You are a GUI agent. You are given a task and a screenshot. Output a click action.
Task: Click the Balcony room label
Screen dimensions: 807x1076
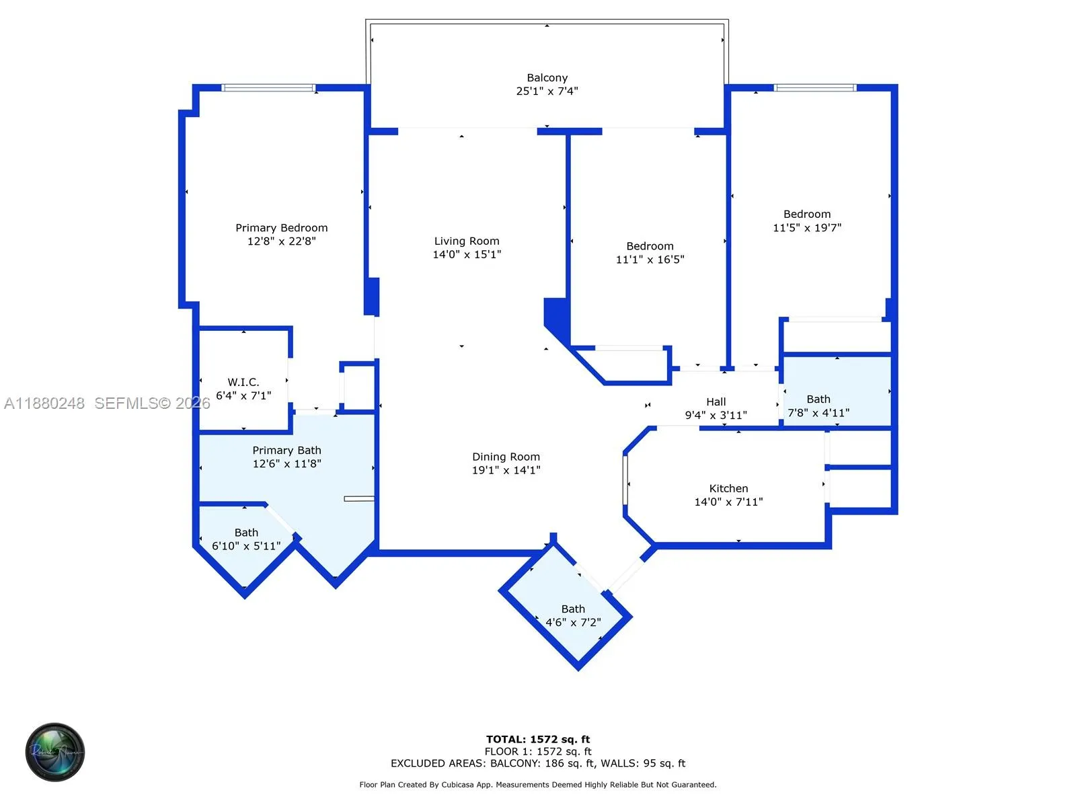pos(547,78)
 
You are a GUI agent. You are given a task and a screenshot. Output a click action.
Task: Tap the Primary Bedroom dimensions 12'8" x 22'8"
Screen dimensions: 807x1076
pos(281,241)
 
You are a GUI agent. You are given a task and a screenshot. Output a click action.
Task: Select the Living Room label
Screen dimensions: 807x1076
pos(467,241)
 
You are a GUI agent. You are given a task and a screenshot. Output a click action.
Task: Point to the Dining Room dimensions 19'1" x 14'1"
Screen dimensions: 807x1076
pos(506,470)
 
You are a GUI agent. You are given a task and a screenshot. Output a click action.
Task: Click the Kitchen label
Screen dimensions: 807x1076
pos(728,488)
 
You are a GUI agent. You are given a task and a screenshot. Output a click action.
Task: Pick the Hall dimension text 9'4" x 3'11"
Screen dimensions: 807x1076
pos(716,416)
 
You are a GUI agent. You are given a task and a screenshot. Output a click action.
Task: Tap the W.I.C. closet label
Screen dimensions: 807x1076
pos(243,382)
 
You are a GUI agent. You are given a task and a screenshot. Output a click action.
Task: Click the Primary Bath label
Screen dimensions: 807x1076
pos(286,450)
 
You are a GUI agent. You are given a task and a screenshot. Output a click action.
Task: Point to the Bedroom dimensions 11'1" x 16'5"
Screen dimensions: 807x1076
pos(650,260)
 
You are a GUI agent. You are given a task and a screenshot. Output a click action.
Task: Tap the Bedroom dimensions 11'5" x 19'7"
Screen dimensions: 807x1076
pos(807,228)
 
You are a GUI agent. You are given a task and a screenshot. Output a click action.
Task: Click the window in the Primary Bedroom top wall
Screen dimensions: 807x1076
pos(268,87)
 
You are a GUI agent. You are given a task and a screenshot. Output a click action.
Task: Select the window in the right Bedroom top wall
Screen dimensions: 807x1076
pos(814,87)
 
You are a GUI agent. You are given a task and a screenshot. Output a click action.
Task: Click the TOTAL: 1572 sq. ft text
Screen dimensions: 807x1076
pos(538,739)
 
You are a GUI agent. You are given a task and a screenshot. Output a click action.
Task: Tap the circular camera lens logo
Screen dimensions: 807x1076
pos(55,753)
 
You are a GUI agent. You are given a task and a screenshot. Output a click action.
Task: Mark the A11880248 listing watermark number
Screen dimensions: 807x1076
pos(44,403)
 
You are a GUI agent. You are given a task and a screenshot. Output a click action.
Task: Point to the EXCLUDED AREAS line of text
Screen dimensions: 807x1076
pos(538,763)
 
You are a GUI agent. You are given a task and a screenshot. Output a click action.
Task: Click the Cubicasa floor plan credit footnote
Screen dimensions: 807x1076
pos(538,785)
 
